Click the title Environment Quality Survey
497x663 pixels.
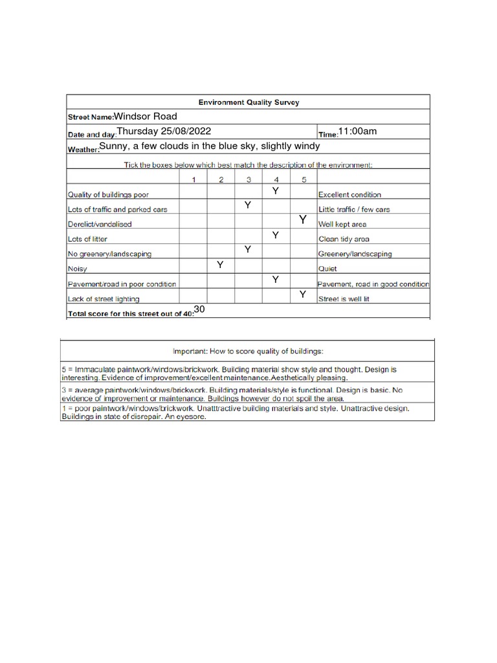pos(248,102)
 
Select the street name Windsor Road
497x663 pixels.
pos(146,117)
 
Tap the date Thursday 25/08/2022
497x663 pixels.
pos(164,131)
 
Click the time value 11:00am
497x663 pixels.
pos(358,131)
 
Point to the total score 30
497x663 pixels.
pos(199,310)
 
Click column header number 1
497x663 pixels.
pos(193,179)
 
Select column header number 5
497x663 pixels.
pos(303,179)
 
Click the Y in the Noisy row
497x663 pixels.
pos(220,265)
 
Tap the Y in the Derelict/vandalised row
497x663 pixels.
pos(302,220)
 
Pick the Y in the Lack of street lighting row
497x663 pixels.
pos(302,295)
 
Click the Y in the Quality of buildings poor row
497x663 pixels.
pos(275,190)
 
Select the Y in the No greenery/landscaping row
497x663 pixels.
pos(247,250)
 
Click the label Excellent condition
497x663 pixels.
pos(349,195)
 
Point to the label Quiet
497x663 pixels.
pos(327,269)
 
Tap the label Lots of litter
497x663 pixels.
pos(87,240)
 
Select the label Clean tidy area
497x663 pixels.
pos(344,240)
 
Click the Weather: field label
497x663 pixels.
pos(83,150)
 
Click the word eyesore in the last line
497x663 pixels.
pos(194,417)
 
